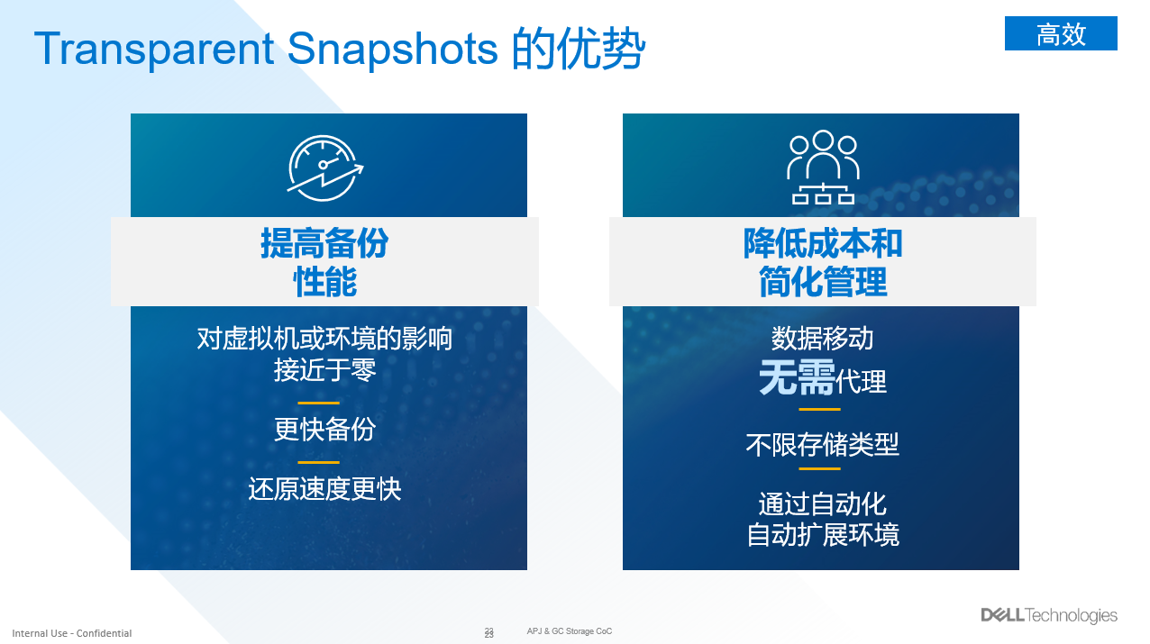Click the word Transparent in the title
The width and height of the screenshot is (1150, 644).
154,50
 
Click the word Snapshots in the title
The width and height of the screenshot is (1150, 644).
392,50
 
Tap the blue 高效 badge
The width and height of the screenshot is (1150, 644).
1061,33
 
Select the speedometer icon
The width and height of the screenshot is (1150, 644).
324,168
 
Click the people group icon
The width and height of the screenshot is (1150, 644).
823,168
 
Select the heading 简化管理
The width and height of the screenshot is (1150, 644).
823,281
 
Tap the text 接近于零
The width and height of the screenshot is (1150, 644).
324,369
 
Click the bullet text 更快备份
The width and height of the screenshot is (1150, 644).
324,429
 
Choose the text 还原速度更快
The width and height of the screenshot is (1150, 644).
324,488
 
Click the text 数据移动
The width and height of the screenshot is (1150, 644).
823,338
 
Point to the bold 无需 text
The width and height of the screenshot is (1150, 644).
797,377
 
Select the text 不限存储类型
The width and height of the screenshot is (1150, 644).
823,444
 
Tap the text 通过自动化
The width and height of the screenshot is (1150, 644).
823,503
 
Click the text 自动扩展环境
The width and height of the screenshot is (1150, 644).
823,535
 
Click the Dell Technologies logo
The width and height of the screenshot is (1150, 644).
1049,615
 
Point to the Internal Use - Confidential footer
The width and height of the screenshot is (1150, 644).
72,633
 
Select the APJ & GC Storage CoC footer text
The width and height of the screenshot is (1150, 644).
570,631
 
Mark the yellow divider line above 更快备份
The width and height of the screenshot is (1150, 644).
318,404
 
